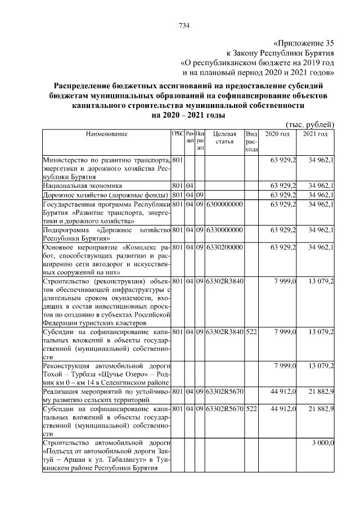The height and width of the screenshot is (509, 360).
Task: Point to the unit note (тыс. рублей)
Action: tap(310, 124)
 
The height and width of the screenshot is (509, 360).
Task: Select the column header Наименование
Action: tap(106, 134)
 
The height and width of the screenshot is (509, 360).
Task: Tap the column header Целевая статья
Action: tap(224, 138)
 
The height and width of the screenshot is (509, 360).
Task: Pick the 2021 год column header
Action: tap(315, 134)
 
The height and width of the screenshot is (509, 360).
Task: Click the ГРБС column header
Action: tap(177, 134)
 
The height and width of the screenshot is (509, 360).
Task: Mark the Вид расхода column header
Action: tap(251, 141)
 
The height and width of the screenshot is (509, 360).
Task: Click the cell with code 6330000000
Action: tap(224, 230)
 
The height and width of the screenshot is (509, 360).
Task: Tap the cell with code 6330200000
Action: tap(224, 247)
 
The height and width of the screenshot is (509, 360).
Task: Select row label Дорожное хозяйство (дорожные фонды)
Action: tap(106, 195)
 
